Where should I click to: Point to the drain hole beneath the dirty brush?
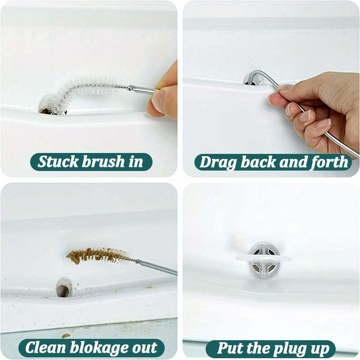tap(63, 288)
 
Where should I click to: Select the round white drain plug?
tap(264, 259)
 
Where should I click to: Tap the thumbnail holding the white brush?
tap(159, 100)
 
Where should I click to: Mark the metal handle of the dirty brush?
tap(157, 267)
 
